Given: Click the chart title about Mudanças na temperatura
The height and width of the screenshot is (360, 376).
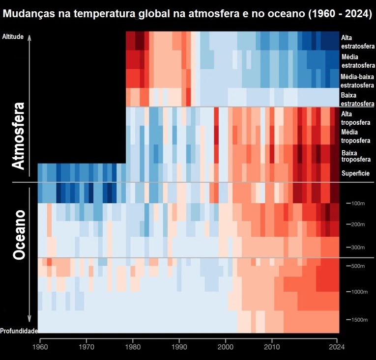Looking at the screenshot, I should point(188,15).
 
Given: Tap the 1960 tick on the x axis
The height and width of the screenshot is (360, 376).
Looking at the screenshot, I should point(39,346).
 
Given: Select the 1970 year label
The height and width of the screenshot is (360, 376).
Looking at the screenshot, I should point(87,346).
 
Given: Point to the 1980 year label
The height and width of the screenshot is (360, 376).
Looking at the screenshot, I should point(133,346).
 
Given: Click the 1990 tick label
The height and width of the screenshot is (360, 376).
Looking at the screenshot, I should point(179,346).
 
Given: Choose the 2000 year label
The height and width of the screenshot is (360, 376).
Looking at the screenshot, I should point(226,346).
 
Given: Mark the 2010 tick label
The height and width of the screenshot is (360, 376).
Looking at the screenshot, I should point(272,346).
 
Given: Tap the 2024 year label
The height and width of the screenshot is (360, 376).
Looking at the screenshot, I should point(337,346).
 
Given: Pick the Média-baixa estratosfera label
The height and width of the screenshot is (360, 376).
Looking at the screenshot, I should point(357,81).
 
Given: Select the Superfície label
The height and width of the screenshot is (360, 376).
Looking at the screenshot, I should point(355,173).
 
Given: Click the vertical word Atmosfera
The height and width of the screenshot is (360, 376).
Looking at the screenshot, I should point(18,136).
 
